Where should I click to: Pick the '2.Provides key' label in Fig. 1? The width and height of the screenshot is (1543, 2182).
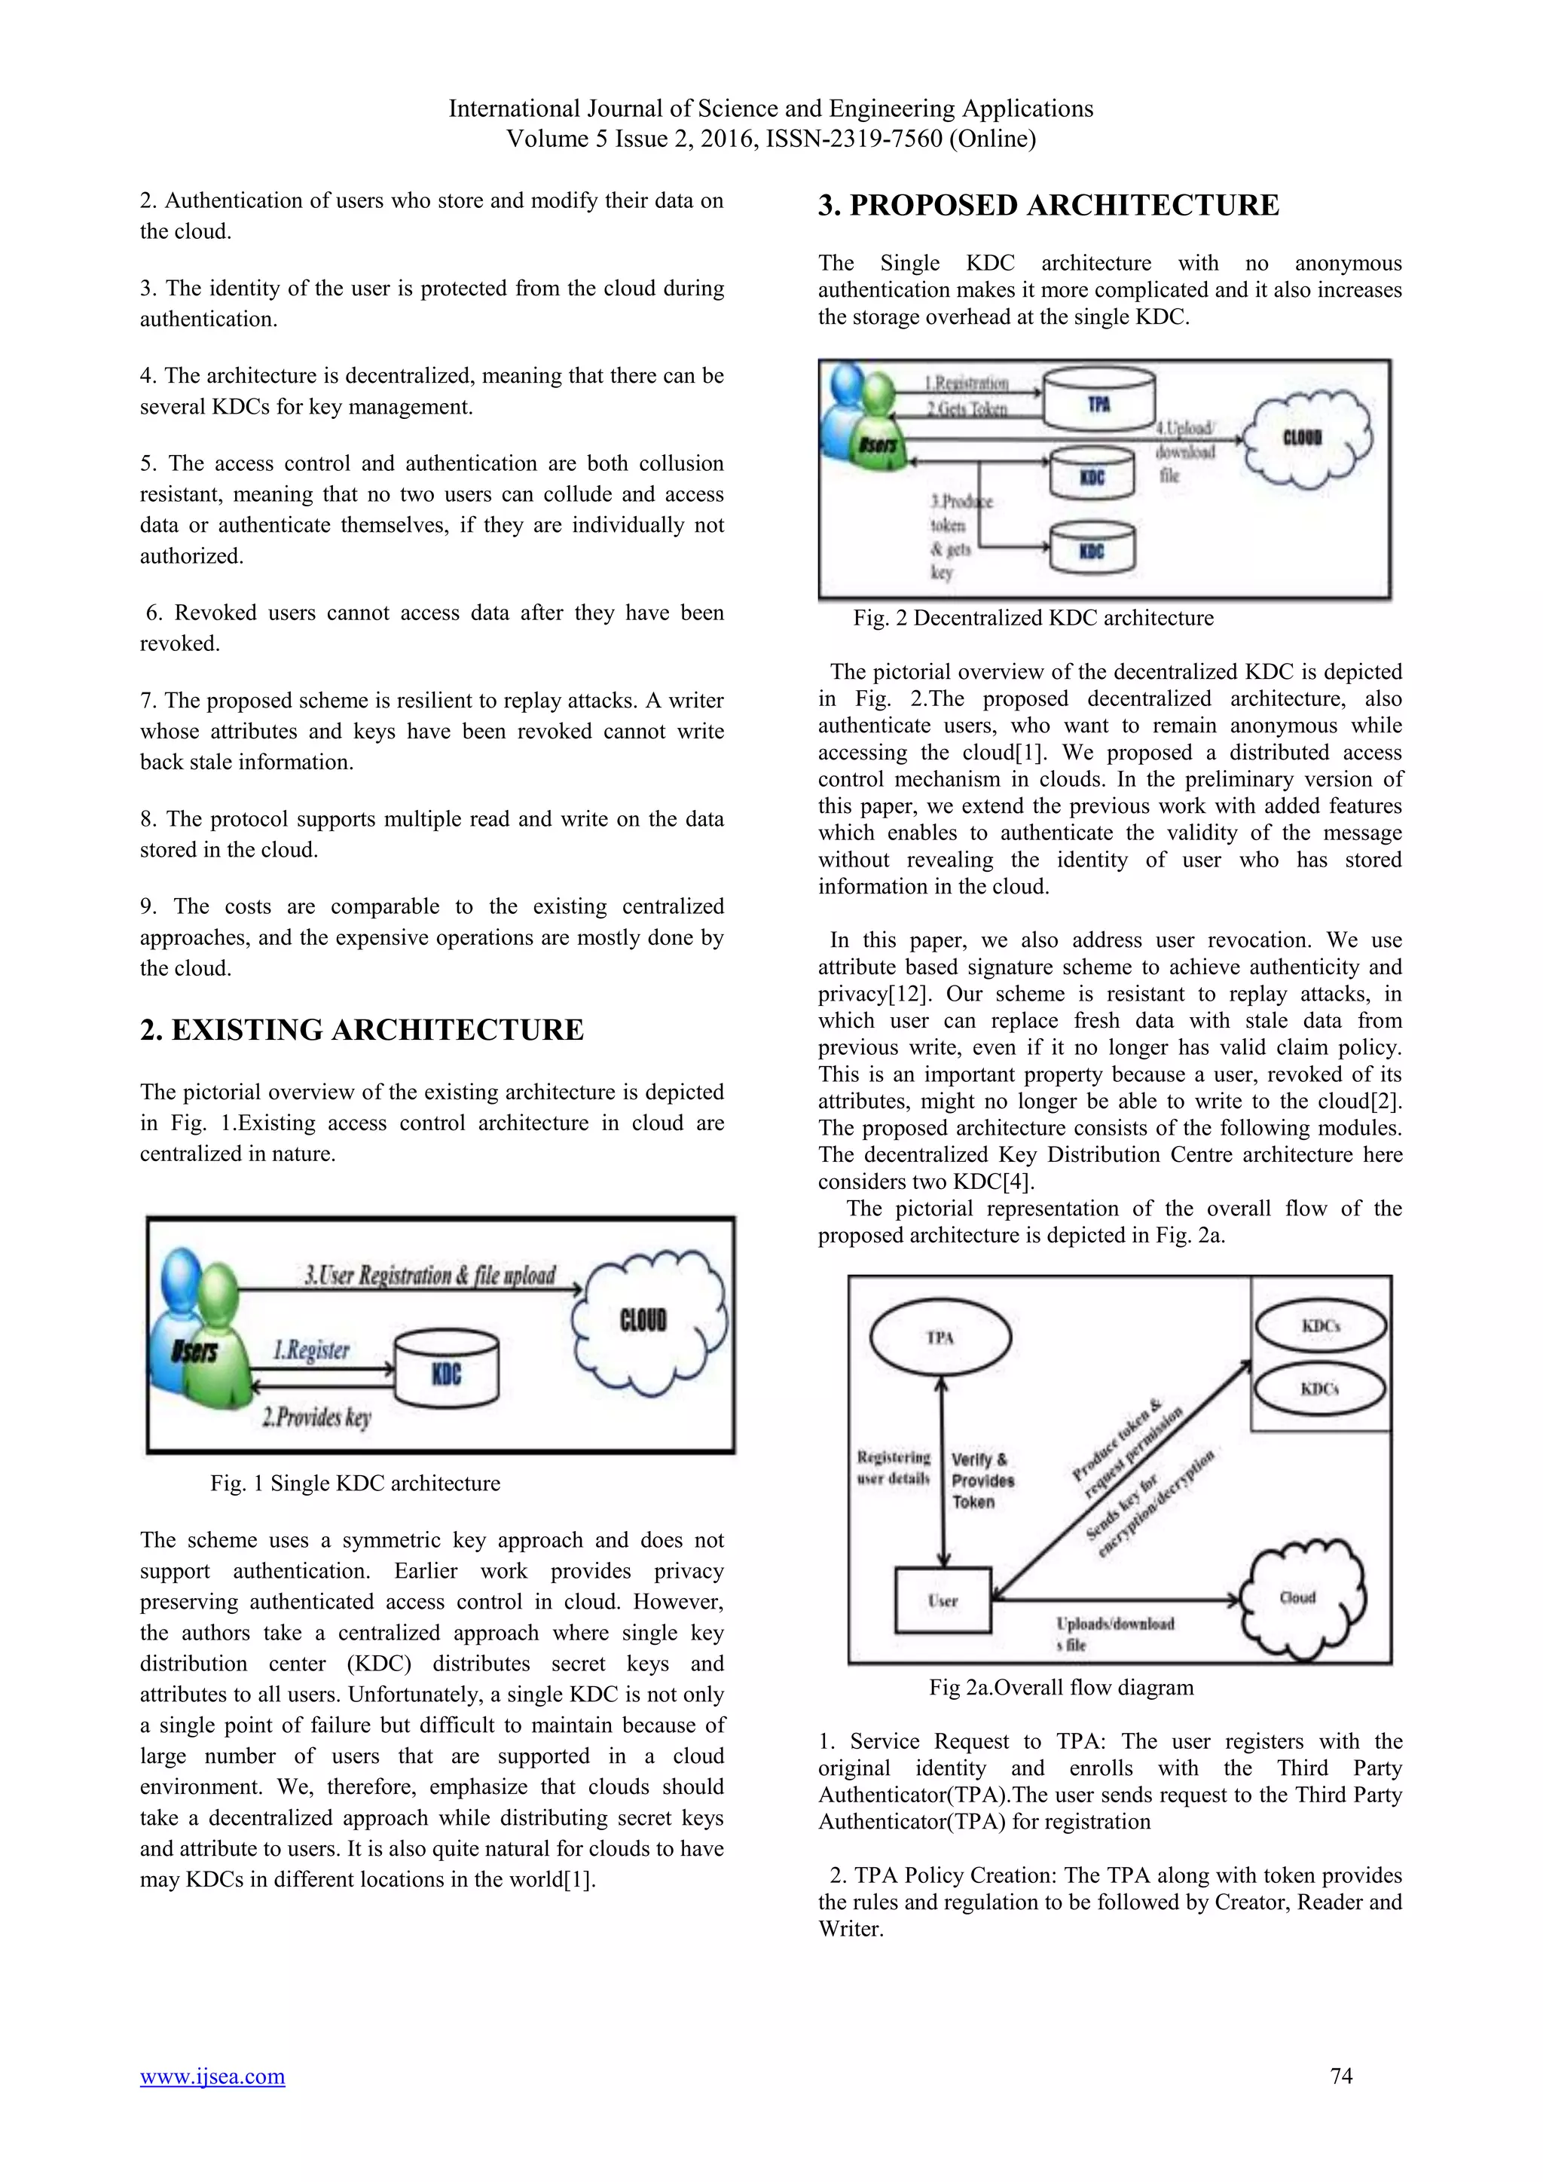pos(316,1417)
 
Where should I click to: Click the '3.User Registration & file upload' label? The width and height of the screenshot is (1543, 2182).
pos(429,1274)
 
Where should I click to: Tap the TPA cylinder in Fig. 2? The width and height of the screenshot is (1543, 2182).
pos(1098,400)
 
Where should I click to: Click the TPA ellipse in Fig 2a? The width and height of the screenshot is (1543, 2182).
pos(940,1337)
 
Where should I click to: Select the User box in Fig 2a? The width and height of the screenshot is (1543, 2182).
pos(943,1600)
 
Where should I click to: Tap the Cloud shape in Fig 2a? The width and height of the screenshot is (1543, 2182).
pos(1302,1600)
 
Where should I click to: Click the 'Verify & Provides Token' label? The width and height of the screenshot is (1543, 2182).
pos(982,1481)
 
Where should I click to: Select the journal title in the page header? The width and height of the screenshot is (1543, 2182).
pos(771,108)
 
